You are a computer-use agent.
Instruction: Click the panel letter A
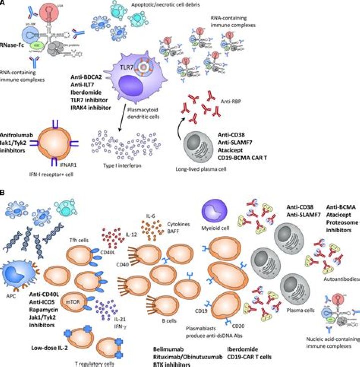(3, 4)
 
